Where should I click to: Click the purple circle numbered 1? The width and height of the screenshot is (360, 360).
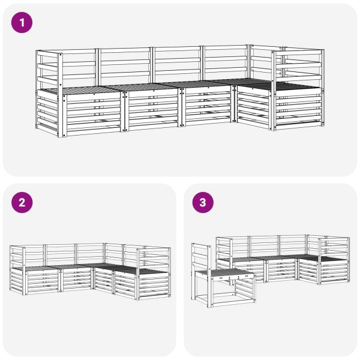(x=22, y=23)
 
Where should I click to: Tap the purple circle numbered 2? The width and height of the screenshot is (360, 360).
(x=22, y=203)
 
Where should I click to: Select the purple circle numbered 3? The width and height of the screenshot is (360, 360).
(x=203, y=203)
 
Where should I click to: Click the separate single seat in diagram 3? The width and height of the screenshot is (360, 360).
(x=223, y=275)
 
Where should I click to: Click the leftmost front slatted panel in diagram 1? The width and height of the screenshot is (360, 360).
(x=92, y=113)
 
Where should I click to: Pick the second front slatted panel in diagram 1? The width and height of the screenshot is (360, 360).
(x=152, y=109)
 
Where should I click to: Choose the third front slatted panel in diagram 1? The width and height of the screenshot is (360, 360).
(x=206, y=105)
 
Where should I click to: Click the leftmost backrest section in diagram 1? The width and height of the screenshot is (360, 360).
(x=79, y=68)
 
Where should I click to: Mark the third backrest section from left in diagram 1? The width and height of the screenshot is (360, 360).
(x=177, y=64)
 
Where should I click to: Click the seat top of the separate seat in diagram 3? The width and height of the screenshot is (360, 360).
(x=223, y=272)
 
